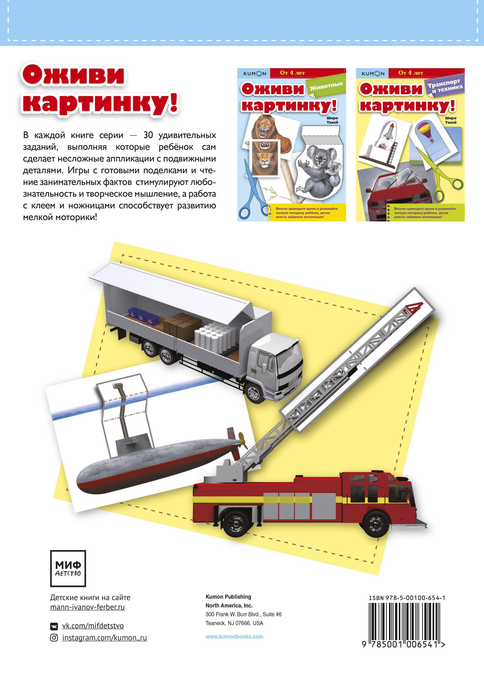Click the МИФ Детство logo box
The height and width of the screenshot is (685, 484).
point(68,568)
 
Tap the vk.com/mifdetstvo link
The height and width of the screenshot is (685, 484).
point(93,626)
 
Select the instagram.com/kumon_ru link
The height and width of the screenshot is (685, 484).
point(104,638)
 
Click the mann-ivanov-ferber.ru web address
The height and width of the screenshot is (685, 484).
point(87,607)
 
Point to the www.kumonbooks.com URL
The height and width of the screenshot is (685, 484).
point(234,636)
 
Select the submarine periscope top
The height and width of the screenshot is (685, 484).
point(118,386)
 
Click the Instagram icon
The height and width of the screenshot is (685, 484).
point(54,638)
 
